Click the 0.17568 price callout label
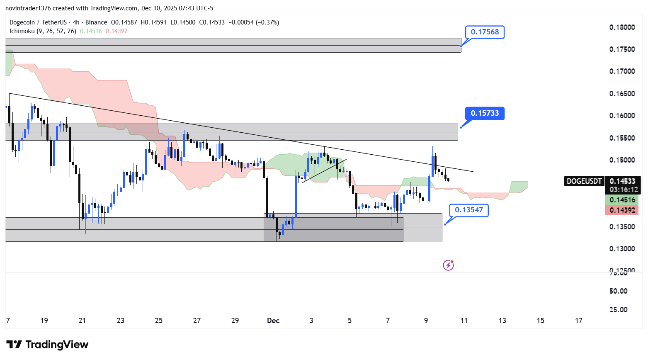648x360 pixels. [485, 32]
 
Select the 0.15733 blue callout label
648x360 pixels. [485, 113]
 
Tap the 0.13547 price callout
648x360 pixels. [469, 210]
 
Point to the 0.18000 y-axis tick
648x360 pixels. [622, 27]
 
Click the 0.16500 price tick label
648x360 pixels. [622, 94]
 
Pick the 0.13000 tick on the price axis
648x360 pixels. [622, 249]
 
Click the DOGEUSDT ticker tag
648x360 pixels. [584, 181]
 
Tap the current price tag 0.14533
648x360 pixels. [622, 181]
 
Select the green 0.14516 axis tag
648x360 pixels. [622, 200]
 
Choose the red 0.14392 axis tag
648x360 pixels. [622, 210]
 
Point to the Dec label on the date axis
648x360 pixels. [273, 321]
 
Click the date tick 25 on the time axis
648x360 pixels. [159, 321]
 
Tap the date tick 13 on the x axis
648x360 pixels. [502, 321]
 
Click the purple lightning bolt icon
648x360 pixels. [448, 265]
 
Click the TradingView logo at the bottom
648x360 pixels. [47, 345]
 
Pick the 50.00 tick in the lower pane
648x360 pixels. [618, 291]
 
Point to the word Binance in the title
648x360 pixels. [96, 22]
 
